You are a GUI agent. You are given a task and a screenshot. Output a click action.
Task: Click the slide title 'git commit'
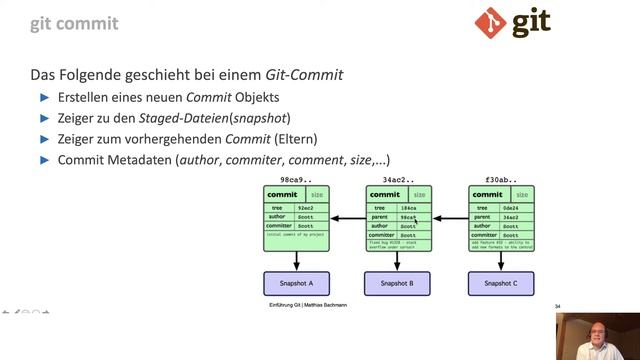[x=74, y=22]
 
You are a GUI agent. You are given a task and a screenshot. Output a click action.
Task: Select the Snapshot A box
[x=296, y=284]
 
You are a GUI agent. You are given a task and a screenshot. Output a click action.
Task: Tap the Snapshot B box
[x=398, y=284]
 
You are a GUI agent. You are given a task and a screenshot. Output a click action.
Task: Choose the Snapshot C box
[x=500, y=284]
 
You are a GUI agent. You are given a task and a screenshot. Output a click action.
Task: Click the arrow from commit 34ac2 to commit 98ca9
[x=348, y=217]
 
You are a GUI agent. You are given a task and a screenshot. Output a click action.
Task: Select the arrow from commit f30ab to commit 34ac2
[x=450, y=217]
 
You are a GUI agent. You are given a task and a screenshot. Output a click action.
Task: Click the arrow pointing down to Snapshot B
[x=398, y=261]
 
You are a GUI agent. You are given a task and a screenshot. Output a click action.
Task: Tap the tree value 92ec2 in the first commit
[x=307, y=207]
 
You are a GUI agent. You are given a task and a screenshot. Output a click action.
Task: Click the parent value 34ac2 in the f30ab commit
[x=511, y=216]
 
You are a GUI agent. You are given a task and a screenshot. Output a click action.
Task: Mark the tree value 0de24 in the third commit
[x=511, y=207]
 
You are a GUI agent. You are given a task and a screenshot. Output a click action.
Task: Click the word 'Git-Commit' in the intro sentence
[x=304, y=75]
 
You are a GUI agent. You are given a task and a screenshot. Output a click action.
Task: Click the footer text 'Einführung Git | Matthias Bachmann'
[x=307, y=305]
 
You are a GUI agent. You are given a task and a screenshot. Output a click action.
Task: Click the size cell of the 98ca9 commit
[x=317, y=194]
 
